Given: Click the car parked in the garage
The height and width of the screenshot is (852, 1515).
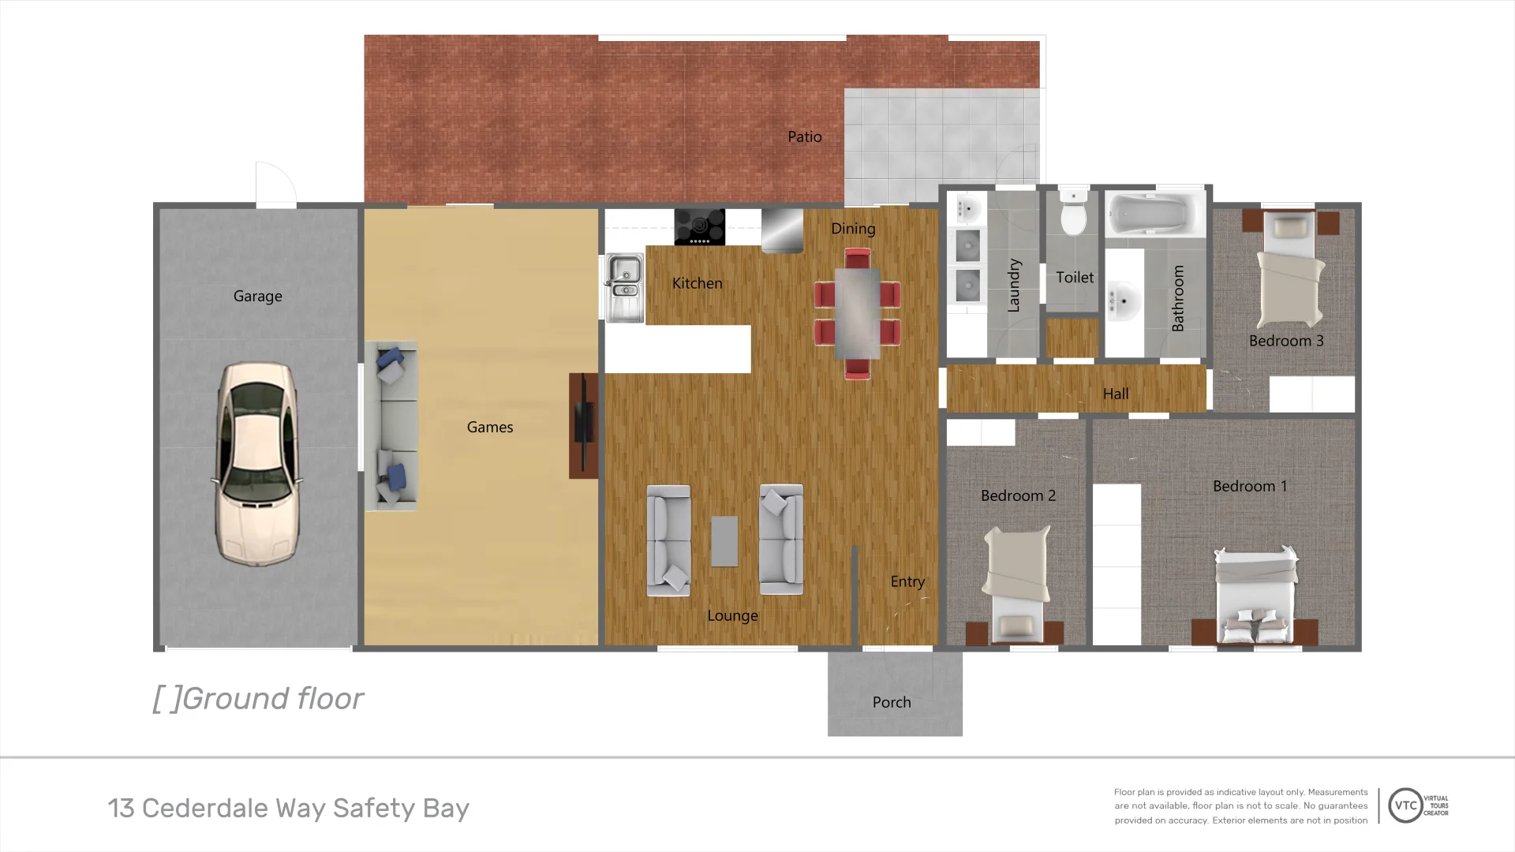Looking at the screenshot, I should (257, 464).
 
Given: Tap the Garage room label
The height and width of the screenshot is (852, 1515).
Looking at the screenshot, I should (257, 296).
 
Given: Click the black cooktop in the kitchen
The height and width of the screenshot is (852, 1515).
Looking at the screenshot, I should (699, 227).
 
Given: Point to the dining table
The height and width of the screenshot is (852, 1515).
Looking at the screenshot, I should (857, 313).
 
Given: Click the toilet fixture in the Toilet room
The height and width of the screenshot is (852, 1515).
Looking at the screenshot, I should (1073, 213).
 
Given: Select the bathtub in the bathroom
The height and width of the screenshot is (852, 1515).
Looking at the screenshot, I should (1154, 213).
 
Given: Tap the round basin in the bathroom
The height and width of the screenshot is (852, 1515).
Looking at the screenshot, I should (1124, 302).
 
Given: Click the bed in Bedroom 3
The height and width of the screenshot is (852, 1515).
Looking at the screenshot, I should (1289, 272).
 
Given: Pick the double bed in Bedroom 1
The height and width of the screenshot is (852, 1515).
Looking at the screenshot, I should (1255, 596).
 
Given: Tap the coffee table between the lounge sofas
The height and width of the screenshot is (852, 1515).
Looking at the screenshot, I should (724, 541).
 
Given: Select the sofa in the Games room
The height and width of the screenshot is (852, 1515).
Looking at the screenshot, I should (391, 426).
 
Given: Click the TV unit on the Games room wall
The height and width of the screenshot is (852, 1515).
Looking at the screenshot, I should (583, 426).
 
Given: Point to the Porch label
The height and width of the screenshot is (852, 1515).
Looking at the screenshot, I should (892, 702).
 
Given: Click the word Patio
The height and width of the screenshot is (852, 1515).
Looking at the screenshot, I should (804, 136).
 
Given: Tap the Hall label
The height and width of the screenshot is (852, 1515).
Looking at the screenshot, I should (1115, 394).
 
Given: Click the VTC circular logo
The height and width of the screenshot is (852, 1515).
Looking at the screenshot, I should (1405, 805).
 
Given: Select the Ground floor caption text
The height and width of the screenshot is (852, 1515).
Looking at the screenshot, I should (258, 698).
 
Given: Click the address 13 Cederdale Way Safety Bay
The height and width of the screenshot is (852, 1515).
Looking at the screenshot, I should (289, 808).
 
